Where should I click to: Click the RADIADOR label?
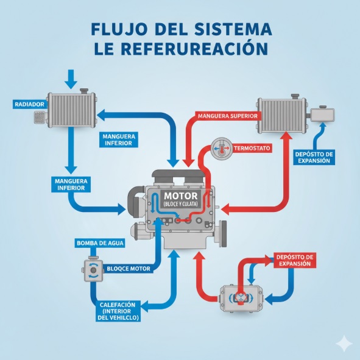29,104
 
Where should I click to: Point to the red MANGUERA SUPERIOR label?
228,115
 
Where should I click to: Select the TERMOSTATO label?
252,148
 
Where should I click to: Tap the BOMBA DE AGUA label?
99,243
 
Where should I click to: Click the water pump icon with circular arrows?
95,272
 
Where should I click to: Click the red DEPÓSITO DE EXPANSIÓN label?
293,260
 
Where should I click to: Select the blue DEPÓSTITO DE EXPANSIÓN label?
313,157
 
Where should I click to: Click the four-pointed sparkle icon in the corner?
345,345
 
